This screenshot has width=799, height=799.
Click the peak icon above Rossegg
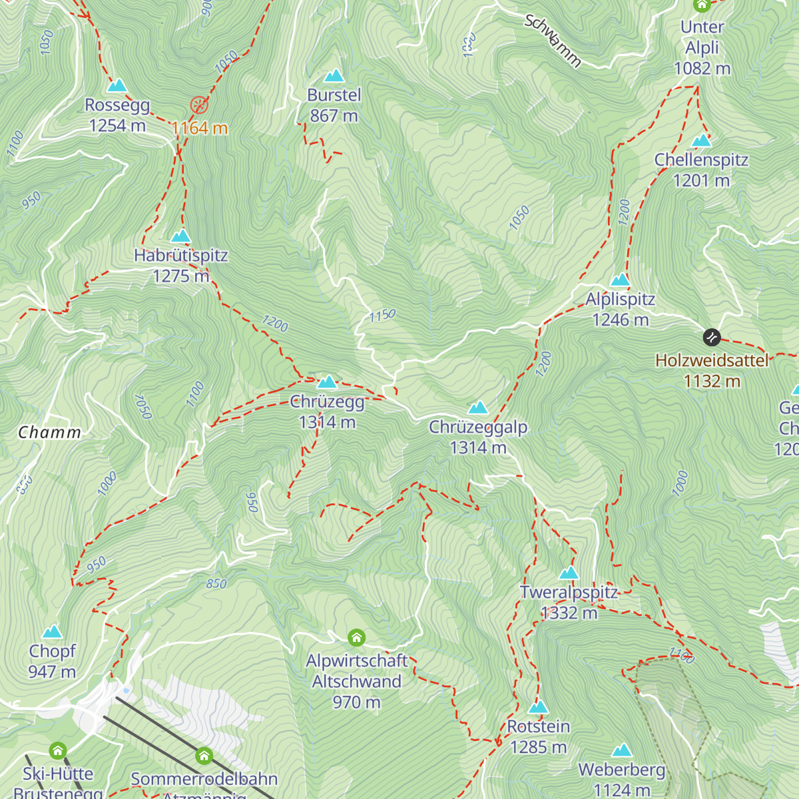117,85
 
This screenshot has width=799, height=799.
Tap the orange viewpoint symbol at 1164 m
199,105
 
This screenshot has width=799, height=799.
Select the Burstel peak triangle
334,76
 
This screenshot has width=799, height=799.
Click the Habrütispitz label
180,256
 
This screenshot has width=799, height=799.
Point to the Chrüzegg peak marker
327,382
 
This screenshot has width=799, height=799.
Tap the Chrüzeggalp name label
478,427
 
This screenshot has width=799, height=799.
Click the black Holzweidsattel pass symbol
712,338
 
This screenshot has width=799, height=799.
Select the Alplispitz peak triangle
621,280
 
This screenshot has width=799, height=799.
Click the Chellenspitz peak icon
701,140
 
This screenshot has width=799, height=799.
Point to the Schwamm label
553,41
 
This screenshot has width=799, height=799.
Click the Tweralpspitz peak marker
569,573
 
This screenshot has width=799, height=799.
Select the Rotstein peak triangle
538,707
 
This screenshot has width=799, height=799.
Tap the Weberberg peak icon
621,751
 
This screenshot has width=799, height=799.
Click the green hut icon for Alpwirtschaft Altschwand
357,638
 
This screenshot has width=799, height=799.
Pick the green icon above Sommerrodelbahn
204,756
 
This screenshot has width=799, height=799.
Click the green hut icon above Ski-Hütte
58,751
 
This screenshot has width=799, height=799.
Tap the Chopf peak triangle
52,632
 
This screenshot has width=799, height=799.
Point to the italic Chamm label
50,433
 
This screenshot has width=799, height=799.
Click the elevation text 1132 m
712,382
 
